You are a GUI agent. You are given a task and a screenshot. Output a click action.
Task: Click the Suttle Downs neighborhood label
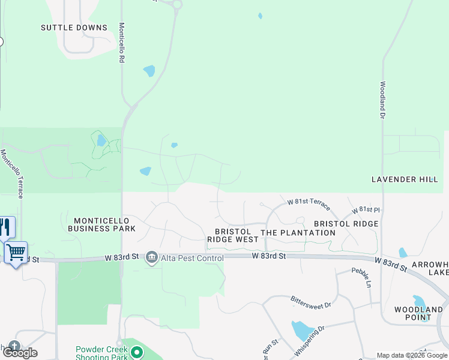pos(74,28)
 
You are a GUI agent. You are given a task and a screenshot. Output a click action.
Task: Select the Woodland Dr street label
pos(382,100)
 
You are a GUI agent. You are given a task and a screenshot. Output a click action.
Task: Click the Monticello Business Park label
pos(101,224)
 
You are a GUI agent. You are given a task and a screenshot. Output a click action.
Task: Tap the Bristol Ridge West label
pos(232,235)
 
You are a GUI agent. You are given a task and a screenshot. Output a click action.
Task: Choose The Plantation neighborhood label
pos(289,232)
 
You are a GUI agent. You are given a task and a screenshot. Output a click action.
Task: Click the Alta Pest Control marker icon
pos(151,258)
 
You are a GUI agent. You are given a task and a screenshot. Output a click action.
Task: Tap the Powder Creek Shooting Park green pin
pos(137,353)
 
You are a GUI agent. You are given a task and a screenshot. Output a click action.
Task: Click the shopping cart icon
pos(16,252)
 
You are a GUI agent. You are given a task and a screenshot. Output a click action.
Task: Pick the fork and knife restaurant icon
pos(5,227)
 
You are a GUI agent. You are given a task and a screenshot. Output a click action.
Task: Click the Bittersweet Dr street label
pos(310,302)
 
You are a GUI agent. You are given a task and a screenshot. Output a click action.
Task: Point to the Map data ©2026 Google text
pos(412,355)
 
